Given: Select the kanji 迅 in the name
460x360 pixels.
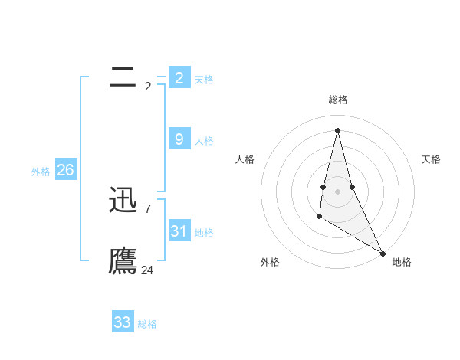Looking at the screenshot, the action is point(123,201).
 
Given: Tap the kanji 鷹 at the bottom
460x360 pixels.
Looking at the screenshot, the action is point(123,260).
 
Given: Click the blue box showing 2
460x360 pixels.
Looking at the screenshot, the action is point(179,77).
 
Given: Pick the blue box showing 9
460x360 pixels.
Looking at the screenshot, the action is point(179,139).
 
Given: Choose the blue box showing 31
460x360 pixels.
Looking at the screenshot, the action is point(179,231).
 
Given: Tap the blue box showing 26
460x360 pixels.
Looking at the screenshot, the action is point(65,170).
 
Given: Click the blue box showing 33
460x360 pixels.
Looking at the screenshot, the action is point(123,322).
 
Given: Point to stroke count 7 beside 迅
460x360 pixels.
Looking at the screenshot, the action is point(147,208).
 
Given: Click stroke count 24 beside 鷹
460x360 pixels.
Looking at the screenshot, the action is point(147,270).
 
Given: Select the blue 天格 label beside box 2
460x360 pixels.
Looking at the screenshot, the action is point(204,80).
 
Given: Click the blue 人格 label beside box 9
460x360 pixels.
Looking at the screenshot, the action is point(204,141).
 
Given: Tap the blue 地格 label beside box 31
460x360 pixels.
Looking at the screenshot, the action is point(204,233).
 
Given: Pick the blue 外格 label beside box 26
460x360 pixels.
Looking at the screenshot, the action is point(41,172).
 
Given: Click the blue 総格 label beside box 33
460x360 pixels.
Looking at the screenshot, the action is point(147,325).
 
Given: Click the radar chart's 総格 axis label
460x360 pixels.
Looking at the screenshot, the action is point(338,100).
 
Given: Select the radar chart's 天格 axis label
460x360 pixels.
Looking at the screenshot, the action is point(431,159).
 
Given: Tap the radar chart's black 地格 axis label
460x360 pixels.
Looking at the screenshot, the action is point(402,262).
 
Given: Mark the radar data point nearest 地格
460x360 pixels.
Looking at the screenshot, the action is point(383,253).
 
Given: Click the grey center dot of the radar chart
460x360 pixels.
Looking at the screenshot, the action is point(338,191).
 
